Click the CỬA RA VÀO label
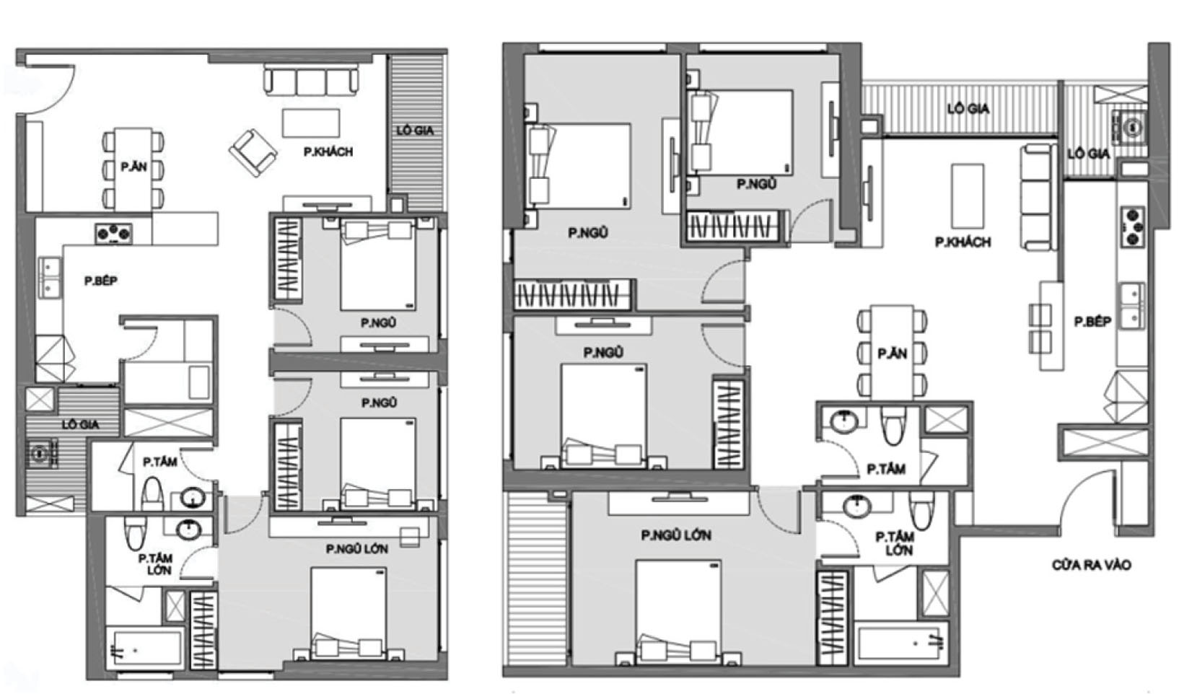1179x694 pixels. click(x=1092, y=565)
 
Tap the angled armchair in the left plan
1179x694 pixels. click(x=253, y=153)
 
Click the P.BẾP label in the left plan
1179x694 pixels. click(x=101, y=281)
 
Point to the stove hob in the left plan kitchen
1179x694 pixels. click(x=113, y=234)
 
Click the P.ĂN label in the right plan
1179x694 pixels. click(x=892, y=353)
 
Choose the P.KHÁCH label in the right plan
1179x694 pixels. click(x=963, y=242)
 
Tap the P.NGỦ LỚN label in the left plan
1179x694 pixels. click(x=357, y=549)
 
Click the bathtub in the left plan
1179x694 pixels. click(x=145, y=649)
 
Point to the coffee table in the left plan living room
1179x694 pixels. click(x=311, y=123)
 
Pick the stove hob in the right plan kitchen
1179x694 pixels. click(x=1134, y=227)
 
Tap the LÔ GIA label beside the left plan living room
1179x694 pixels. click(x=416, y=131)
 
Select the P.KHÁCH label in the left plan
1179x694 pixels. click(x=328, y=152)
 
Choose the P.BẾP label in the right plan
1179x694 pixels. click(x=1092, y=321)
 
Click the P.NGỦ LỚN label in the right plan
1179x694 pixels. click(x=676, y=535)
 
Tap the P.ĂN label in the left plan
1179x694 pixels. click(x=133, y=167)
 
